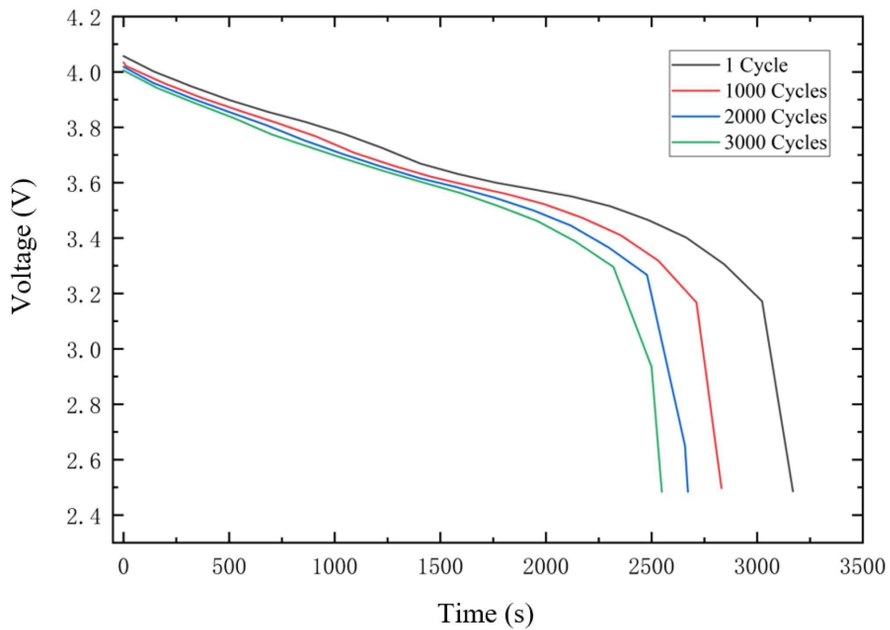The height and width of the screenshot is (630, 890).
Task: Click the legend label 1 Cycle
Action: (x=756, y=66)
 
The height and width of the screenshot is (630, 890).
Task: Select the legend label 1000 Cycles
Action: (x=775, y=91)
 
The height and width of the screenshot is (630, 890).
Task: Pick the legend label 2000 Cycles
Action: (x=775, y=117)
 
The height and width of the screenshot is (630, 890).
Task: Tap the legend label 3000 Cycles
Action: (x=775, y=143)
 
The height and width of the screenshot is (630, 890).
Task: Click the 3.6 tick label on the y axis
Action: (x=84, y=184)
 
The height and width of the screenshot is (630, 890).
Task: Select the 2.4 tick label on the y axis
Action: (x=84, y=516)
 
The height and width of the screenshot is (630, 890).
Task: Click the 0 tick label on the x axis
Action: (x=124, y=567)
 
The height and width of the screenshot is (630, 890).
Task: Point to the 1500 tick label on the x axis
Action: (x=440, y=567)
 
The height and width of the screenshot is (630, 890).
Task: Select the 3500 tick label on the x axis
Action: (x=862, y=567)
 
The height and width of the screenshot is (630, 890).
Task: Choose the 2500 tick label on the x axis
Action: (x=651, y=567)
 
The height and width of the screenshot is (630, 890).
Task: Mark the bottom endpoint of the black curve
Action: (x=793, y=491)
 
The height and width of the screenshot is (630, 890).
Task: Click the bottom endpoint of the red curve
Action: (x=721, y=488)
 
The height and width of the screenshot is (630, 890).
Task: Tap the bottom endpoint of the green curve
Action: (x=661, y=492)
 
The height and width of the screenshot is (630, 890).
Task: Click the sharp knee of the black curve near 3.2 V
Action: (x=762, y=301)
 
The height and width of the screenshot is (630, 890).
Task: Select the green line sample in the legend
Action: (x=695, y=143)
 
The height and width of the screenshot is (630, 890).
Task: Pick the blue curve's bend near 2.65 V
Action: (x=685, y=446)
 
